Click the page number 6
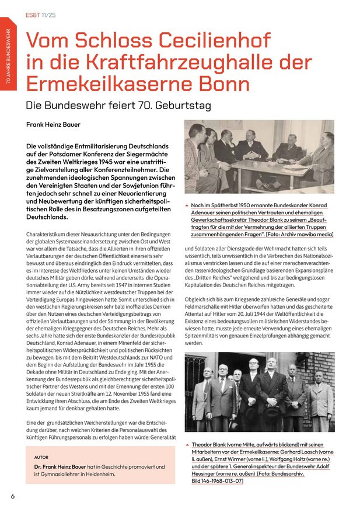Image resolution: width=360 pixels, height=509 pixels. tap(13, 496)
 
